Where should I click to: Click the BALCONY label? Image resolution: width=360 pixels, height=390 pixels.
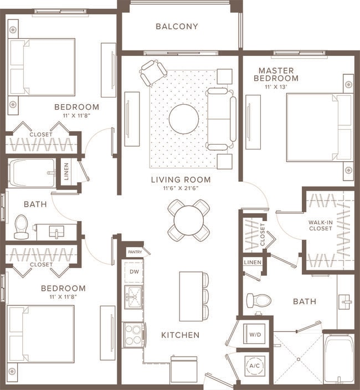pyautogui.click(x=177, y=26)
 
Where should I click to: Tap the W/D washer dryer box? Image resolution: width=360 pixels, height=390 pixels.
pyautogui.click(x=255, y=335)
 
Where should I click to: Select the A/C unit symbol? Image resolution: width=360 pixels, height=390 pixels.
pyautogui.click(x=255, y=366)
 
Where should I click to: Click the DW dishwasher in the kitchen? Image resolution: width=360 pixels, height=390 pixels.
pyautogui.click(x=133, y=271)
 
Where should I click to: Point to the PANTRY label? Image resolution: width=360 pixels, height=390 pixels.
pyautogui.click(x=135, y=252)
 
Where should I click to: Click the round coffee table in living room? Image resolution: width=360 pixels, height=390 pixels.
pyautogui.click(x=183, y=119)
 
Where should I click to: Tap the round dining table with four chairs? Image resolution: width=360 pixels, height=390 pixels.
pyautogui.click(x=188, y=220)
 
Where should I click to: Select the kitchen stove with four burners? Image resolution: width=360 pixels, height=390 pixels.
pyautogui.click(x=133, y=334)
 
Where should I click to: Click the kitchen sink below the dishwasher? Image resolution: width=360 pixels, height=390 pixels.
pyautogui.click(x=133, y=297)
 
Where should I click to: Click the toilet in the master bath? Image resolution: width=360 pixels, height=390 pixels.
pyautogui.click(x=258, y=301)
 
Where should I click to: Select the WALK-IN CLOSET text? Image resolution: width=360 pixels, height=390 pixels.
pyautogui.click(x=321, y=225)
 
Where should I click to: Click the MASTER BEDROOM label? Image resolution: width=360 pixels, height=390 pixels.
pyautogui.click(x=276, y=74)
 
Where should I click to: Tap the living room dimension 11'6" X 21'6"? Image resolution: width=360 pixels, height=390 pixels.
pyautogui.click(x=181, y=188)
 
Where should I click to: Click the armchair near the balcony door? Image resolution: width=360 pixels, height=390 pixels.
pyautogui.click(x=153, y=72)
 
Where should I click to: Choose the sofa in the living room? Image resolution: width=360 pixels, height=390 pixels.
pyautogui.click(x=221, y=119)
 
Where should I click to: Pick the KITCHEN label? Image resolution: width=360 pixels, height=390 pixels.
pyautogui.click(x=180, y=335)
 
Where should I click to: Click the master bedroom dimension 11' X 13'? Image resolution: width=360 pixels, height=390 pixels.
pyautogui.click(x=276, y=87)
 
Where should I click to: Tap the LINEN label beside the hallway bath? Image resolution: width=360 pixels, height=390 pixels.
pyautogui.click(x=66, y=171)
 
